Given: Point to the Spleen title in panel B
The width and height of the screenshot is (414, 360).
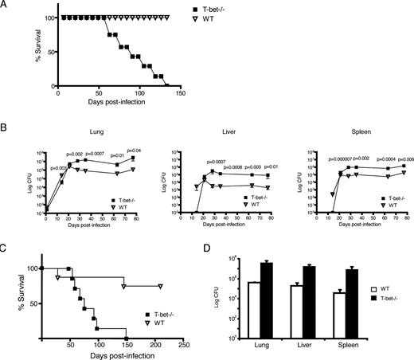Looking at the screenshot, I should [344, 136].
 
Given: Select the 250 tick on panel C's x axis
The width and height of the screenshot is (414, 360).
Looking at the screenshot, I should [182, 346].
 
